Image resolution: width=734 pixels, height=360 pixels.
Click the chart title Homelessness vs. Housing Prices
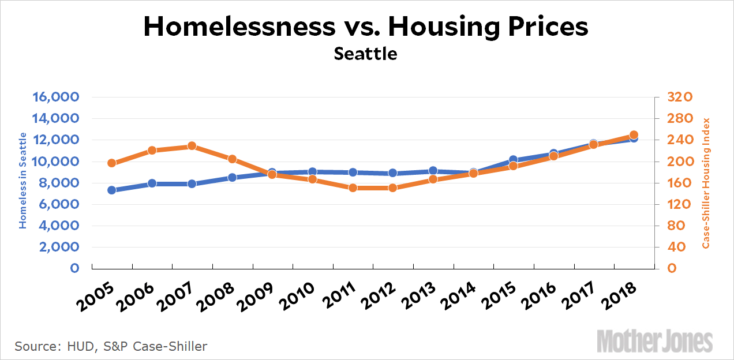[366, 27]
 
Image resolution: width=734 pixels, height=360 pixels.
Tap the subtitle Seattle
[366, 54]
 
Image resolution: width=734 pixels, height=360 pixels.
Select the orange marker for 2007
[192, 146]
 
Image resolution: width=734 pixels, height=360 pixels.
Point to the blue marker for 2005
[112, 190]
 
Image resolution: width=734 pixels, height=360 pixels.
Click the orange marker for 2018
[633, 135]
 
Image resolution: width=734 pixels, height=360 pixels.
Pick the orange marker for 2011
[353, 187]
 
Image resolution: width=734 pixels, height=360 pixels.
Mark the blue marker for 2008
[232, 177]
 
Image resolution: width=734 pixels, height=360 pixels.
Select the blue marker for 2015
[513, 160]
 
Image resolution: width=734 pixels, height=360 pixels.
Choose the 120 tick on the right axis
[675, 204]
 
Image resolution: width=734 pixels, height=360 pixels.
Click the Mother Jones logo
[654, 341]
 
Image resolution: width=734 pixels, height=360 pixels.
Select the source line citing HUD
[111, 346]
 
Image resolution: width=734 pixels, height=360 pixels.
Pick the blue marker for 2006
[152, 183]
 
